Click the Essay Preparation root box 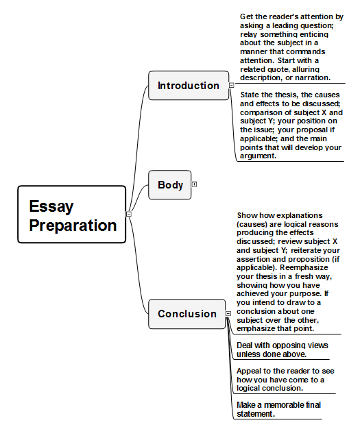[x=72, y=215]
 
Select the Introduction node [x=189, y=86]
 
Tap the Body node [x=170, y=185]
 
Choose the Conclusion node [x=187, y=314]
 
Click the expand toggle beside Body [x=194, y=184]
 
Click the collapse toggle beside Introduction [x=231, y=85]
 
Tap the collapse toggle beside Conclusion [x=228, y=313]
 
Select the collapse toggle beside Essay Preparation [x=129, y=214]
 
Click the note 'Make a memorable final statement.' [x=278, y=409]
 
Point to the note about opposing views [x=283, y=350]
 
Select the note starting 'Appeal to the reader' [x=285, y=380]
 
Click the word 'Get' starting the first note [x=246, y=16]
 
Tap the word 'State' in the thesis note [x=249, y=95]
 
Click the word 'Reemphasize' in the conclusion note [x=304, y=267]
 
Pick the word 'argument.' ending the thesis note [x=258, y=156]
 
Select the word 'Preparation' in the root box [x=73, y=225]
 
